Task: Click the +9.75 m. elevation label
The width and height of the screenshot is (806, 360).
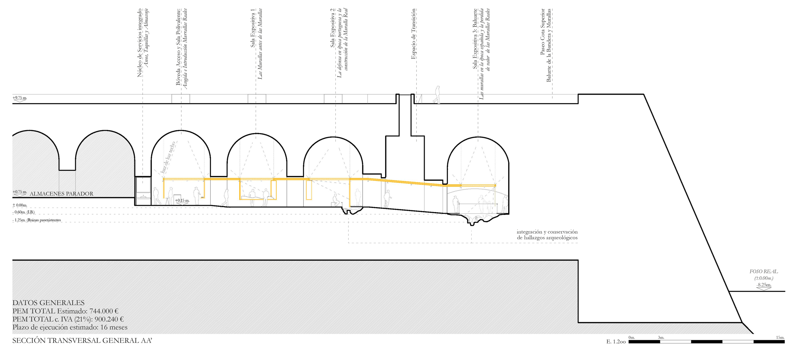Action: [20, 98]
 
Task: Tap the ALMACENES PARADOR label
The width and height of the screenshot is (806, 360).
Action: [61, 194]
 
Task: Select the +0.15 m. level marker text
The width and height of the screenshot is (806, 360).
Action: [182, 200]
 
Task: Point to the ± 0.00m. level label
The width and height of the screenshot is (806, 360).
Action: [20, 205]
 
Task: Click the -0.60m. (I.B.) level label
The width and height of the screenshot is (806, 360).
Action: [24, 212]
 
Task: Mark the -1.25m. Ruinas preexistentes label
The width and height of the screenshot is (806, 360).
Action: [37, 220]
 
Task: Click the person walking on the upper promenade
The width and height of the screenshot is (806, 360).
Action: [437, 95]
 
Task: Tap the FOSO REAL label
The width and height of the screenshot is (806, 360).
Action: [763, 271]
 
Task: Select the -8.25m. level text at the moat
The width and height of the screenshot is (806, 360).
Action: [763, 285]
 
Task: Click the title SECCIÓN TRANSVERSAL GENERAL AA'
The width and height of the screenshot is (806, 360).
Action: [82, 341]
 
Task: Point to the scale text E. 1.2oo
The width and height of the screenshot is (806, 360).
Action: [616, 342]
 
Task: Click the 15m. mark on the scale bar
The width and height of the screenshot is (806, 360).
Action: [780, 337]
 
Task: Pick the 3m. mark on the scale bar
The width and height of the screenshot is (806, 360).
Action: [661, 337]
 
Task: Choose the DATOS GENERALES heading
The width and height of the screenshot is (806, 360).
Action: [48, 303]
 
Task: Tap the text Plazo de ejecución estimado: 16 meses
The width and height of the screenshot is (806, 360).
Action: [70, 327]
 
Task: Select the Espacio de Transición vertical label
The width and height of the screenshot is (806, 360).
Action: [413, 34]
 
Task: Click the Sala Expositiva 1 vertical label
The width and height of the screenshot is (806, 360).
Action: [253, 28]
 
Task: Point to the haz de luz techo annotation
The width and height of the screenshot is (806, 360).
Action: [168, 157]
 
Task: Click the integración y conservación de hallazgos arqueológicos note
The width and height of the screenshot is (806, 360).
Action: [547, 235]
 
